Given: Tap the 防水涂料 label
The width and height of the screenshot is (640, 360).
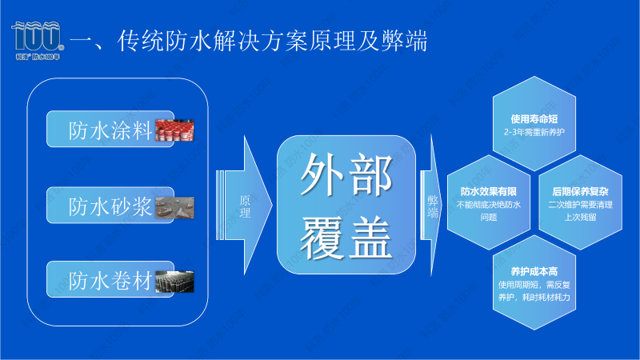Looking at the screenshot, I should [110, 130].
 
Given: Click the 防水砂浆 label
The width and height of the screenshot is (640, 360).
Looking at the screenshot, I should [110, 206].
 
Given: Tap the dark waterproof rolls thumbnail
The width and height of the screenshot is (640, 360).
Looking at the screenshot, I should [174, 281].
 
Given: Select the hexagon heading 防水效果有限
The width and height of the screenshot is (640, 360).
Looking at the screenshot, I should [488, 191].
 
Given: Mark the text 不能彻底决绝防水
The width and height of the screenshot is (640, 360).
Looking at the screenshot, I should [488, 204].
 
